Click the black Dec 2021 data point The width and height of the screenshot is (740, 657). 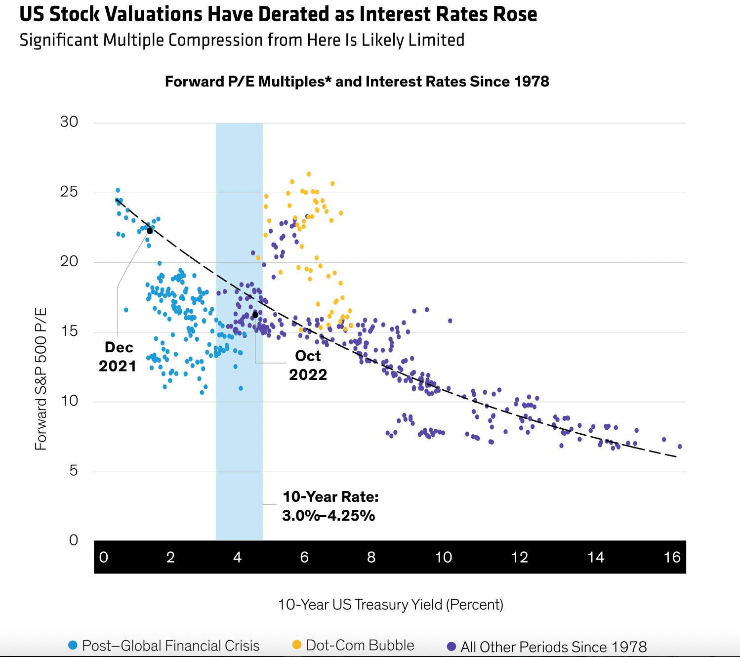[x=150, y=231]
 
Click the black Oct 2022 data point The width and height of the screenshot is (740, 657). [x=255, y=315]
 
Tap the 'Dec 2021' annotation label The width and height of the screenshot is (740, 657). [x=118, y=357]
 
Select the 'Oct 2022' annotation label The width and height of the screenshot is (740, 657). [x=308, y=365]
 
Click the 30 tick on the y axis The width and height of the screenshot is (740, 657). [x=69, y=122]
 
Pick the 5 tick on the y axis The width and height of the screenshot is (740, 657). [x=73, y=471]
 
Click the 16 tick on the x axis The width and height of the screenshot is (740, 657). [x=672, y=558]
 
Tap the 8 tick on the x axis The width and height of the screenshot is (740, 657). [x=371, y=558]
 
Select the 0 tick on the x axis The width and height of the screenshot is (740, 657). [x=103, y=558]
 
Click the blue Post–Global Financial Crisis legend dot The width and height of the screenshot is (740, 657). [x=73, y=645]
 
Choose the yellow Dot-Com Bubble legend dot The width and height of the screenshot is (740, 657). [x=297, y=645]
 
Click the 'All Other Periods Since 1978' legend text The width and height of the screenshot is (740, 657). [x=553, y=647]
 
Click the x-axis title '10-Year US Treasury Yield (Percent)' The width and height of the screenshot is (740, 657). [x=390, y=605]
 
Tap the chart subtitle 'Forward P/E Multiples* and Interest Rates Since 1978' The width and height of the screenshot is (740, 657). [x=357, y=82]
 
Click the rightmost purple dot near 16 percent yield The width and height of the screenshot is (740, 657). [x=680, y=447]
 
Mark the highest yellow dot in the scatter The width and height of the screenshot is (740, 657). [x=309, y=174]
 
